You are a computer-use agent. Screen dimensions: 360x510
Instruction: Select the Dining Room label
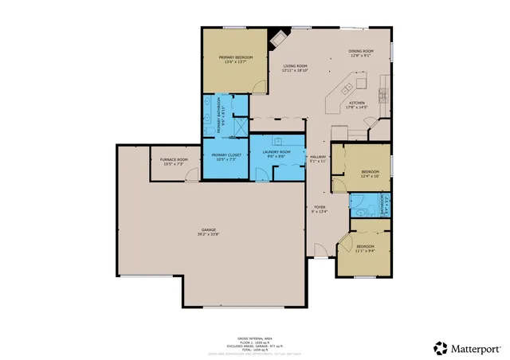pos(360,53)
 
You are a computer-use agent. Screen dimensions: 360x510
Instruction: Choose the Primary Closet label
pos(226,155)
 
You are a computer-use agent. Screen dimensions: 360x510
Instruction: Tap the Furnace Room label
pos(173,160)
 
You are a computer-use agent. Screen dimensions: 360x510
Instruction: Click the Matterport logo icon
pos(440,347)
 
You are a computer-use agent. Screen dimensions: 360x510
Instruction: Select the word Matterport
pos(476,347)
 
